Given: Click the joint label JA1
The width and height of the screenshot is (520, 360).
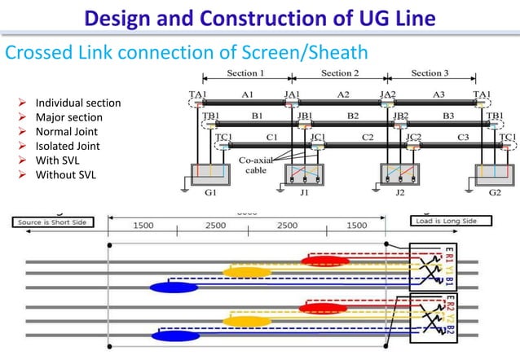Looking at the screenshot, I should tap(291, 94).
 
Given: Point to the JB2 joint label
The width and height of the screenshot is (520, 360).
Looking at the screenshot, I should tap(399, 116).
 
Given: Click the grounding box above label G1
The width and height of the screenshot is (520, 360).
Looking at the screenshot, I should tap(211, 176).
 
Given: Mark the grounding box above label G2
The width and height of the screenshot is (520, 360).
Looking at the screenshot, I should tap(496, 176).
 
